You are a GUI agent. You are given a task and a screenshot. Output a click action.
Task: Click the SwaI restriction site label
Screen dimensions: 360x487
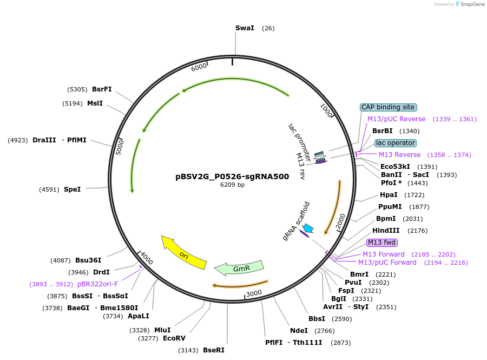point(245,28)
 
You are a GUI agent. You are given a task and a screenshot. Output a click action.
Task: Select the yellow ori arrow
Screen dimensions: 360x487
point(184,253)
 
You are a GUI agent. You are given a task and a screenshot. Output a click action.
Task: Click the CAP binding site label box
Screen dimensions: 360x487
point(388,107)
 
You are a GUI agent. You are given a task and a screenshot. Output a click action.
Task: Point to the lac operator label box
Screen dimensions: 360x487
point(396,143)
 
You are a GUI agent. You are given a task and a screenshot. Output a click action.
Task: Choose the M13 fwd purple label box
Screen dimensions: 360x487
point(382,243)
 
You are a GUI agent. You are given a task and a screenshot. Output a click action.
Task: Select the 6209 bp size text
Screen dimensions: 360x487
point(232,185)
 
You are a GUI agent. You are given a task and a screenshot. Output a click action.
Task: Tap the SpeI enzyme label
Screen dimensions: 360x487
point(72,189)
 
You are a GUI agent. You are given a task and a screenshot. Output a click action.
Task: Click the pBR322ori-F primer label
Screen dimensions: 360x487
point(97,284)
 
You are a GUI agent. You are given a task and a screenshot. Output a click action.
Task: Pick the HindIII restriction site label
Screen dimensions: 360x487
point(385,231)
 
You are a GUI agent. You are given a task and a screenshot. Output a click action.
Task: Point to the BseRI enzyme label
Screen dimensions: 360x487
point(213,350)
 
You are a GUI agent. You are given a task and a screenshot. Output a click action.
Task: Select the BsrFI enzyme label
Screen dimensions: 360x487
point(102,89)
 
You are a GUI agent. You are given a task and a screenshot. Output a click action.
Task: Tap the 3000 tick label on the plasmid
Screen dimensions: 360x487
point(253,293)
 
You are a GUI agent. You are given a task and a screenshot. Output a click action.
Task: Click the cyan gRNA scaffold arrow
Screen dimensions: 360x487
point(308,228)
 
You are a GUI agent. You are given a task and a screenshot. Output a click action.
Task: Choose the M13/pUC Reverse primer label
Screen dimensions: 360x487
point(396,119)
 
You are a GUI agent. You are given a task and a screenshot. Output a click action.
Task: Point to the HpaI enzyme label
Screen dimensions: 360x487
point(389,195)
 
